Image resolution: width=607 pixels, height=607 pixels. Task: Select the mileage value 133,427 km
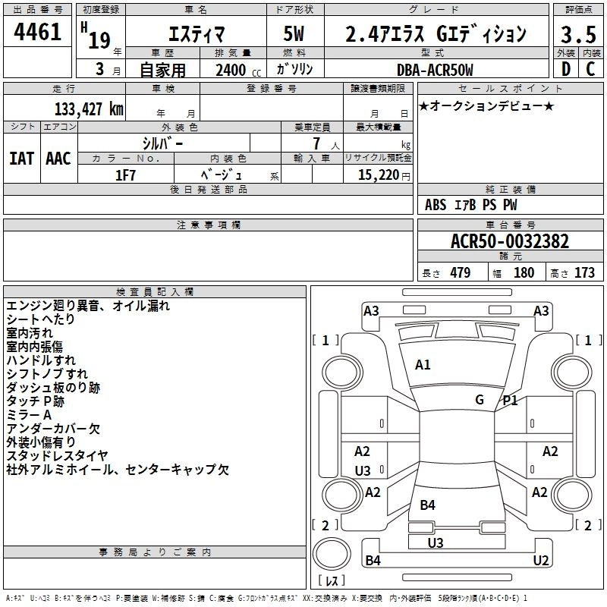[x=90, y=109]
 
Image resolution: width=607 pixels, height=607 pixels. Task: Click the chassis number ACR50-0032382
[x=510, y=242]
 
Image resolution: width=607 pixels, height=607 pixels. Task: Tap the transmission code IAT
[x=21, y=159]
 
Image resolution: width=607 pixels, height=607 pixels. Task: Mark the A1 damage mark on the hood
[x=423, y=365]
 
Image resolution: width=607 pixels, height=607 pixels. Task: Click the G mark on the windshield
[x=479, y=399]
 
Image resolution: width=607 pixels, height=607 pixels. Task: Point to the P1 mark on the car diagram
[x=510, y=401]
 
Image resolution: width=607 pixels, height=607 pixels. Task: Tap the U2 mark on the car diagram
[x=541, y=561]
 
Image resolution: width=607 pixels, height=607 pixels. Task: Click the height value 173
[x=584, y=273]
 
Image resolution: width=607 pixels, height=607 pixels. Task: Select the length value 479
[x=460, y=273]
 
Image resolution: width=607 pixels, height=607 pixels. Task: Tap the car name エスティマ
[x=190, y=33]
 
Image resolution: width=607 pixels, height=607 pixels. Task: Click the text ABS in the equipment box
[x=436, y=205]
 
